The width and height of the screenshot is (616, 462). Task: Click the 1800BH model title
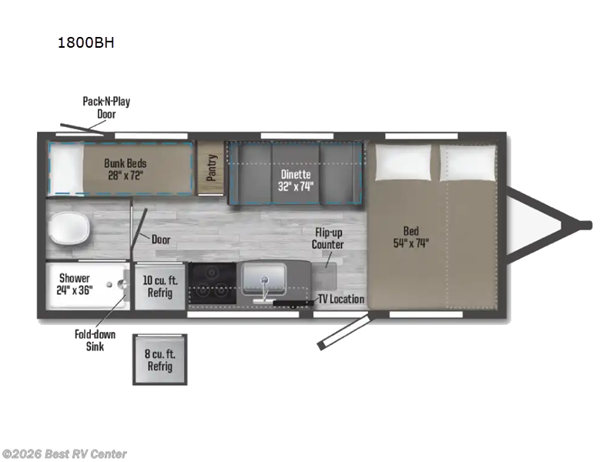pyautogui.click(x=86, y=42)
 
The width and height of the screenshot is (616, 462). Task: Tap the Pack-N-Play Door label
pyautogui.click(x=106, y=108)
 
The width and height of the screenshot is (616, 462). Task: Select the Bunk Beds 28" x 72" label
pyautogui.click(x=126, y=169)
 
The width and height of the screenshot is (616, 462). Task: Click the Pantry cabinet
pyautogui.click(x=210, y=168)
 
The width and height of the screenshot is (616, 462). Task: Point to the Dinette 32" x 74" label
pyautogui.click(x=296, y=180)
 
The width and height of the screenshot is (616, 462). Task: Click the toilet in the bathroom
pyautogui.click(x=70, y=229)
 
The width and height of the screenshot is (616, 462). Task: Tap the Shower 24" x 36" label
pyautogui.click(x=74, y=284)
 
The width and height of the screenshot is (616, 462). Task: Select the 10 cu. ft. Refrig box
pyautogui.click(x=160, y=286)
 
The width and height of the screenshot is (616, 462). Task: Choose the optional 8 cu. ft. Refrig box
pyautogui.click(x=160, y=360)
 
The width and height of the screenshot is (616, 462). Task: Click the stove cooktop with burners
pyautogui.click(x=213, y=283)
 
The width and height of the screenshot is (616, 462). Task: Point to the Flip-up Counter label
pyautogui.click(x=328, y=239)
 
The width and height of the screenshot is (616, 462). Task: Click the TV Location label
pyautogui.click(x=341, y=299)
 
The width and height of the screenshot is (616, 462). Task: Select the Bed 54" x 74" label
pyautogui.click(x=411, y=237)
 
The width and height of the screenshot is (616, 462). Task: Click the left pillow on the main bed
pyautogui.click(x=403, y=162)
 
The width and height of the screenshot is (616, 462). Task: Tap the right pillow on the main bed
pyautogui.click(x=467, y=163)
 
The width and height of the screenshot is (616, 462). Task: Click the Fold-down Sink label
pyautogui.click(x=95, y=340)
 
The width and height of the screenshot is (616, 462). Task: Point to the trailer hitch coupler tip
pyautogui.click(x=588, y=226)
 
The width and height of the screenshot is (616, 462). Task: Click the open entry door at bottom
pyautogui.click(x=344, y=330)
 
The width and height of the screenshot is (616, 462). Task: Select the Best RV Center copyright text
pyautogui.click(x=64, y=454)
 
